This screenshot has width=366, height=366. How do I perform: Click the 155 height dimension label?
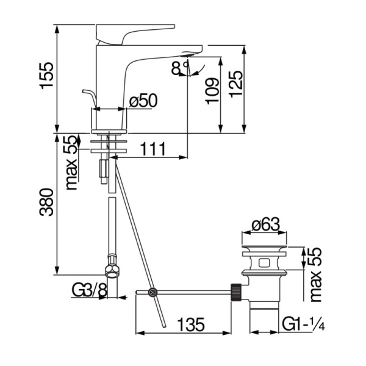tap(47, 76)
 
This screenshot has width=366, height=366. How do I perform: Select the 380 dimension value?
tap(47, 202)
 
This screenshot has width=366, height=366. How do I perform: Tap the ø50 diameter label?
tap(143, 101)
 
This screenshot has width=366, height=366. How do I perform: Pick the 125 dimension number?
tap(235, 84)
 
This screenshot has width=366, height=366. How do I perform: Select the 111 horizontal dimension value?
tap(153, 149)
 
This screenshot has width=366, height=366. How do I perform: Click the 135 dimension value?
tap(191, 325)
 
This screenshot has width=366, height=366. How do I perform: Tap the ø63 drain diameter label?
tap(265, 224)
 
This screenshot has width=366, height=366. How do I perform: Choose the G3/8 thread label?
tap(89, 290)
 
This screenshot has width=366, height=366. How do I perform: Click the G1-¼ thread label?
tap(303, 324)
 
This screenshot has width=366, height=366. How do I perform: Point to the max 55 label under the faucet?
tap(71, 163)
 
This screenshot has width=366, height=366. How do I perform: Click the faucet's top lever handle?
tap(135, 34)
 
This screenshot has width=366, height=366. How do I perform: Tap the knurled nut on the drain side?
tap(236, 292)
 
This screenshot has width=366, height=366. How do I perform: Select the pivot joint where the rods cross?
tap(153, 292)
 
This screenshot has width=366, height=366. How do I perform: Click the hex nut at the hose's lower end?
tap(113, 271)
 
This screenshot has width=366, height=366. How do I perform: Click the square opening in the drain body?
tap(264, 263)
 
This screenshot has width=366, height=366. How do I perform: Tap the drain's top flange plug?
tap(264, 246)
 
